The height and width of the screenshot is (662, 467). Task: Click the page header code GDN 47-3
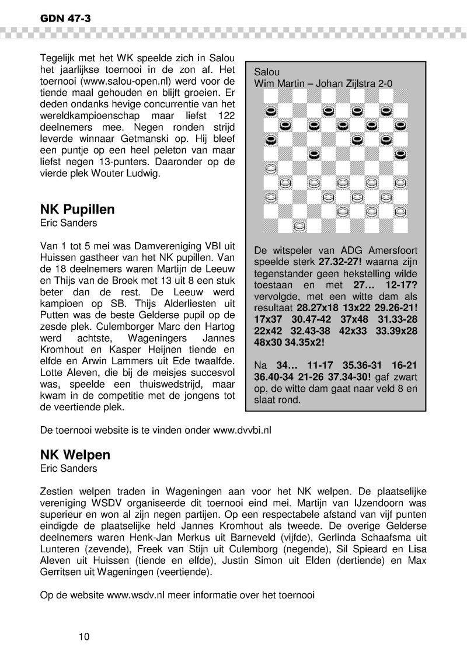[65, 19]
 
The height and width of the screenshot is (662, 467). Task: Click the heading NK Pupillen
[77, 210]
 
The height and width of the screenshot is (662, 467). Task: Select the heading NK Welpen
[75, 455]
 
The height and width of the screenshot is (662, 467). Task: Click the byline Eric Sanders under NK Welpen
[68, 468]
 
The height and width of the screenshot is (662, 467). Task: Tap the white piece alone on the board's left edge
[271, 169]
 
